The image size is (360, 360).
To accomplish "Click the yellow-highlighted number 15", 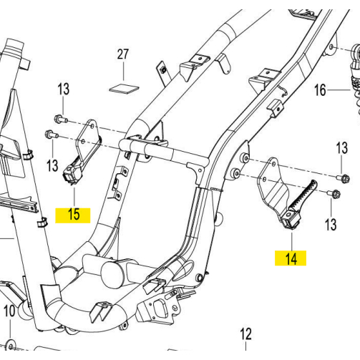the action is point(74,214).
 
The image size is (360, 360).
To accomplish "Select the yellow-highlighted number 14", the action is point(291,259).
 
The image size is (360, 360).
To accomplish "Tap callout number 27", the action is point(123,54).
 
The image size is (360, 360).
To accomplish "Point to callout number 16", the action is point(320,90).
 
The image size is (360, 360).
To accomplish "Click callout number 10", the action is point(9,311).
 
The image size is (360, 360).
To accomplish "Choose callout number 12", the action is point(245,334).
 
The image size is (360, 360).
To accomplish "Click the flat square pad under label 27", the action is point(124,88).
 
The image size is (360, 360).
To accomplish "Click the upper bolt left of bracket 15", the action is point(61,119).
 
